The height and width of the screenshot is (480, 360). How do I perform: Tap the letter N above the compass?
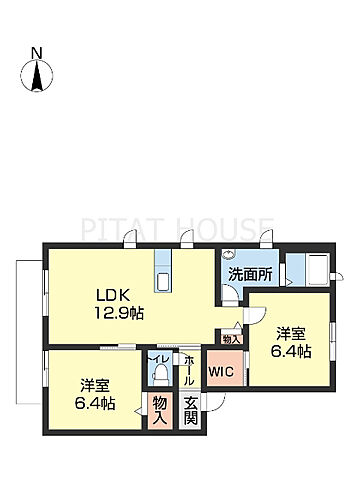tap(37, 53)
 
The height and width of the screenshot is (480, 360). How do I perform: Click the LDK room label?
tap(113, 295)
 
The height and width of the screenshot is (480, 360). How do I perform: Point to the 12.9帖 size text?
tap(119, 313)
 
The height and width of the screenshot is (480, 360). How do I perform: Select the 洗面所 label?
tap(250, 275)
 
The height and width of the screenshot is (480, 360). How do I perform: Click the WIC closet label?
tap(222, 371)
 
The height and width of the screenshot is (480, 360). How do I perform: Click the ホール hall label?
tap(189, 370)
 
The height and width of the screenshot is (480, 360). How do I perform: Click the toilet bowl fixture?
tap(160, 373)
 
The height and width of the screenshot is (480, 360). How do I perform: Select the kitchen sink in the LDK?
tap(163, 282)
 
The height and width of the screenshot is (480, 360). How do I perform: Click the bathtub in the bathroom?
tap(319, 270)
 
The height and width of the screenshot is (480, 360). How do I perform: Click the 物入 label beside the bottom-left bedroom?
tap(160, 411)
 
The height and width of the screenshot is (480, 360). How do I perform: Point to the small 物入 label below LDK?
tap(231, 339)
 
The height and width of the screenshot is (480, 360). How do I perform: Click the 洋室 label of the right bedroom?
tap(291, 334)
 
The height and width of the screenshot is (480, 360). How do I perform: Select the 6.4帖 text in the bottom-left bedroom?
tap(95, 404)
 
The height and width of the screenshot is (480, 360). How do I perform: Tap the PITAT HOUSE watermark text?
tap(177, 229)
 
